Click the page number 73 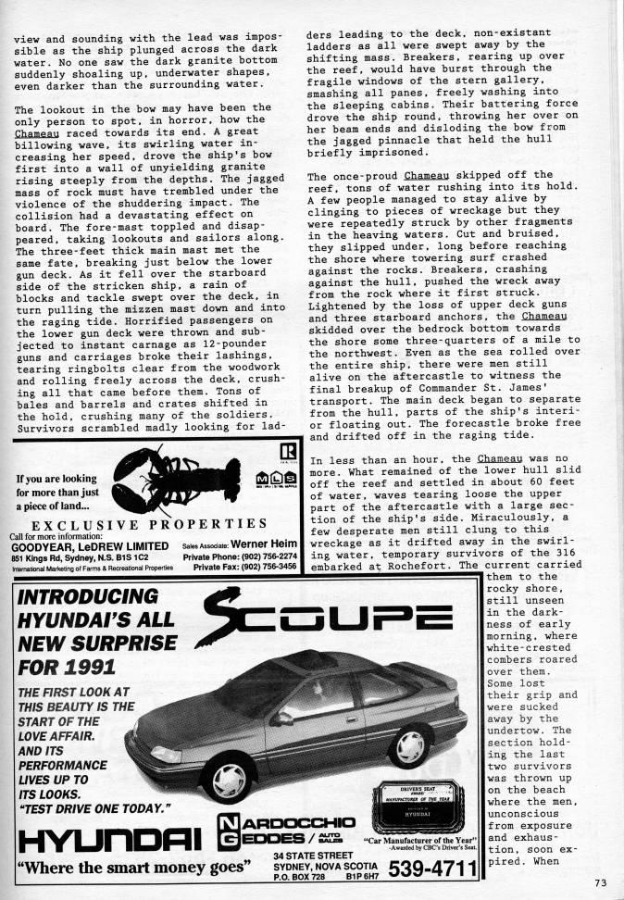click(601, 881)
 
